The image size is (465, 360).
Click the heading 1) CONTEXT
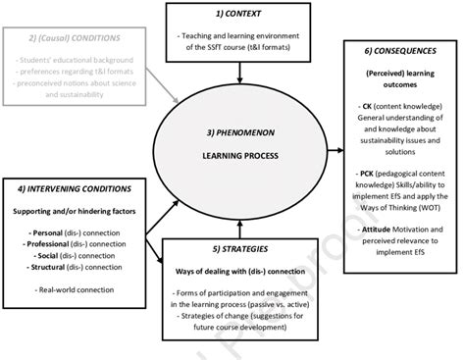(238, 17)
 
